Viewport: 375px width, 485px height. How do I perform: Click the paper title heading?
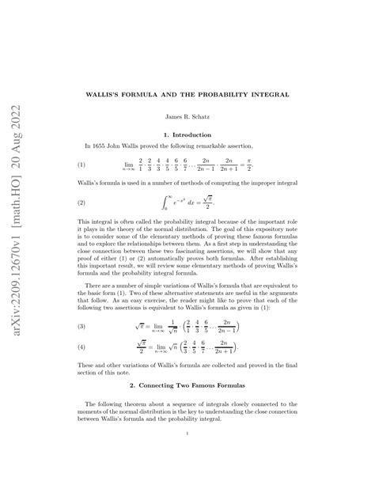pyautogui.click(x=187, y=94)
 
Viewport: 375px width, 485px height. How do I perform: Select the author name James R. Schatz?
pyautogui.click(x=187, y=117)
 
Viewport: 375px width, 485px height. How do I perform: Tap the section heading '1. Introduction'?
pyautogui.click(x=187, y=135)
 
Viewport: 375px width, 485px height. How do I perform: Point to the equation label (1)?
pyautogui.click(x=80, y=165)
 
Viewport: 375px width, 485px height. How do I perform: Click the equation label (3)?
pyautogui.click(x=80, y=303)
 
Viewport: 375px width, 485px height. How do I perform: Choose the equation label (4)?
pyautogui.click(x=80, y=324)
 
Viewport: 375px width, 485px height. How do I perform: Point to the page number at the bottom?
pyautogui.click(x=187, y=456)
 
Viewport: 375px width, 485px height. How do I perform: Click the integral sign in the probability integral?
pyautogui.click(x=165, y=203)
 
